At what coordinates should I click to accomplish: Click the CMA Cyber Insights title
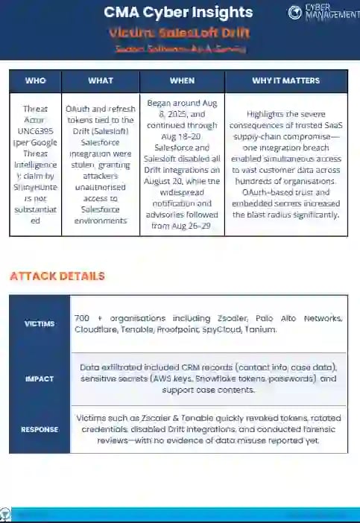178,13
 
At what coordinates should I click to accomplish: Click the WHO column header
35,80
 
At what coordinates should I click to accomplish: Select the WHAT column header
101,80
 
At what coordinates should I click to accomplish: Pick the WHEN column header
182,80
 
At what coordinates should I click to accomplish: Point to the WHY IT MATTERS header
286,80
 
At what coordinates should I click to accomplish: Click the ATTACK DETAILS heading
57,276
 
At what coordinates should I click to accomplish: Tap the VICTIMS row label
40,324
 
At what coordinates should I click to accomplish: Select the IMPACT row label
40,379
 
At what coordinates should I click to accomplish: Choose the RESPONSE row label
40,429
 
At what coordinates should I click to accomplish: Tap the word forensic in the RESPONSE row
292,429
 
